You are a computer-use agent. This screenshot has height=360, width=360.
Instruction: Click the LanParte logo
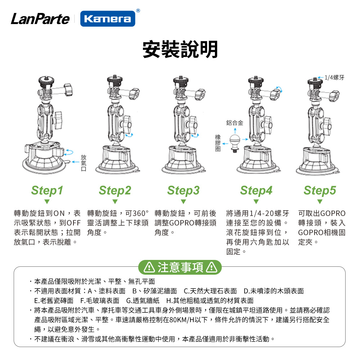point(40,19)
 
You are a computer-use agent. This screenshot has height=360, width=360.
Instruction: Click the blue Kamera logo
point(108,19)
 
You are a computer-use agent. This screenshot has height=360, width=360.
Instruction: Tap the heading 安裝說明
point(180,49)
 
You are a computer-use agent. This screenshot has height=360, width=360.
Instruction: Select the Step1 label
point(47,190)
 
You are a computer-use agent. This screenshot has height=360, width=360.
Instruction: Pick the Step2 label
point(115,190)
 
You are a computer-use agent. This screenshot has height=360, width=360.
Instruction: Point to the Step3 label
point(184,190)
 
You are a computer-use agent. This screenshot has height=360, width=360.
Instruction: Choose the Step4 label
point(256,190)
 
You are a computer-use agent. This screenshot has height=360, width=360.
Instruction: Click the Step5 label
point(320,190)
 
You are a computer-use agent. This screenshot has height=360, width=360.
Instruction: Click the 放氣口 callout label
point(84,163)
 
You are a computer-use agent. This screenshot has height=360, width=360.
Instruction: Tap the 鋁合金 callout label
point(235,123)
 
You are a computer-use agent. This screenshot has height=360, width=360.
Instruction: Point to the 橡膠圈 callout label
point(218,143)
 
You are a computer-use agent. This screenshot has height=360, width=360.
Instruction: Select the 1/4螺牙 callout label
point(334,78)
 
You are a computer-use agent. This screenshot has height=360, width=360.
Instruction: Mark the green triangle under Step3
point(184,202)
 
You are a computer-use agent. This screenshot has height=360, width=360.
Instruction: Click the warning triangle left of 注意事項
point(149,267)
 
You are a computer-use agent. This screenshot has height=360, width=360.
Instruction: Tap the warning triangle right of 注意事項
point(212,267)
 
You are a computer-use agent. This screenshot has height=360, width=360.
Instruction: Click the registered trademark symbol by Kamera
point(138,10)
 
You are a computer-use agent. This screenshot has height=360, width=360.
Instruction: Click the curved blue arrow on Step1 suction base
point(69,152)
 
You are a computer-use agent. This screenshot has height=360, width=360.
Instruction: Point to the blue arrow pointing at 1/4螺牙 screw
point(321,77)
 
